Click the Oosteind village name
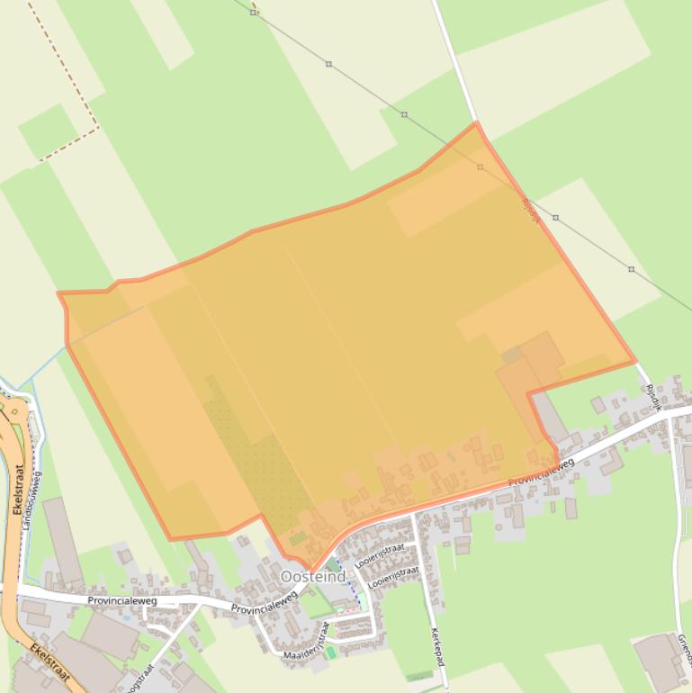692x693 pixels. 312,576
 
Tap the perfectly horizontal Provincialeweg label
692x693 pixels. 122,600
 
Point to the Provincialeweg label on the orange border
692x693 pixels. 541,473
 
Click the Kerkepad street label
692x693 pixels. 437,647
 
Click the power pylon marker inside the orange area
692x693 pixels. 480,167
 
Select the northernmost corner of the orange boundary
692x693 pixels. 476,122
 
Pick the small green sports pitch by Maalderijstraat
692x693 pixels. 331,652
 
